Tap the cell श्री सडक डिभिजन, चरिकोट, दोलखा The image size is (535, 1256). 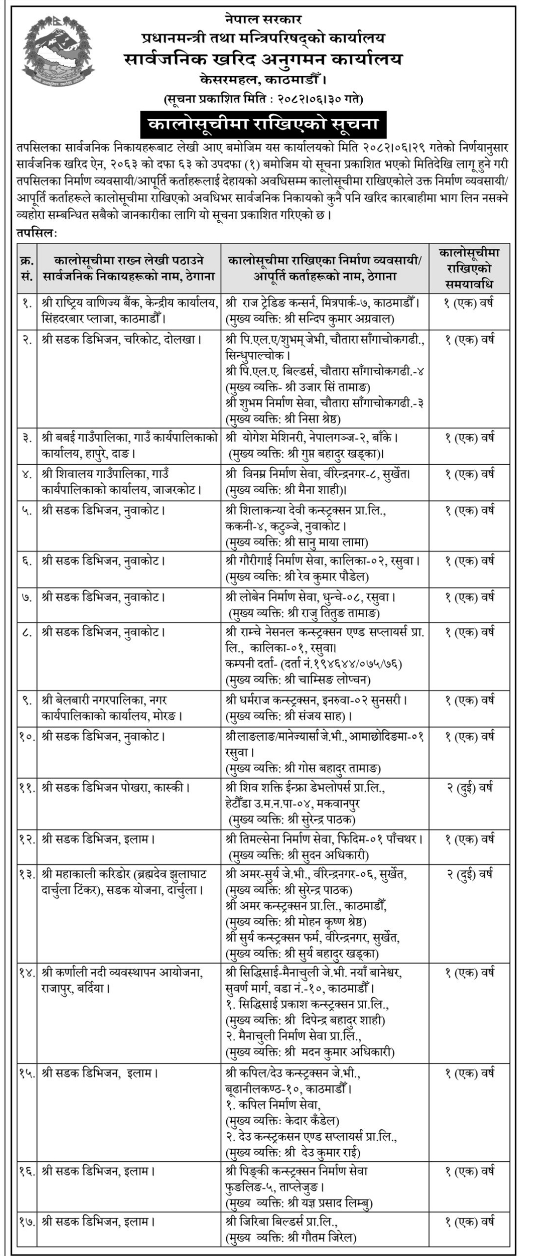(123, 339)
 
